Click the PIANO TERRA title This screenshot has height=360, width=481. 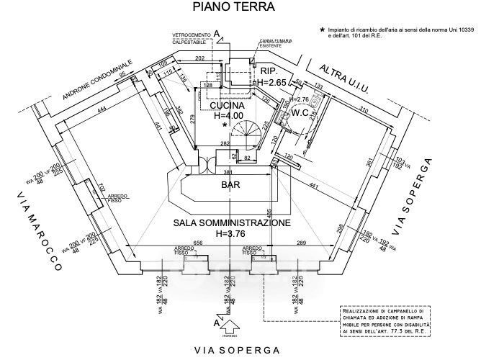click(x=231, y=8)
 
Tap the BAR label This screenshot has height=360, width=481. click(x=230, y=186)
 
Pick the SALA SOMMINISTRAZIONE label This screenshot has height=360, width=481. click(x=231, y=223)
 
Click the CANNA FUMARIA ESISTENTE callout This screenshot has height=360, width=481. click(x=274, y=45)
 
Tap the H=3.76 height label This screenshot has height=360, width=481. click(x=231, y=233)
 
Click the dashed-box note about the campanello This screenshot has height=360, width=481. click(x=385, y=321)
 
